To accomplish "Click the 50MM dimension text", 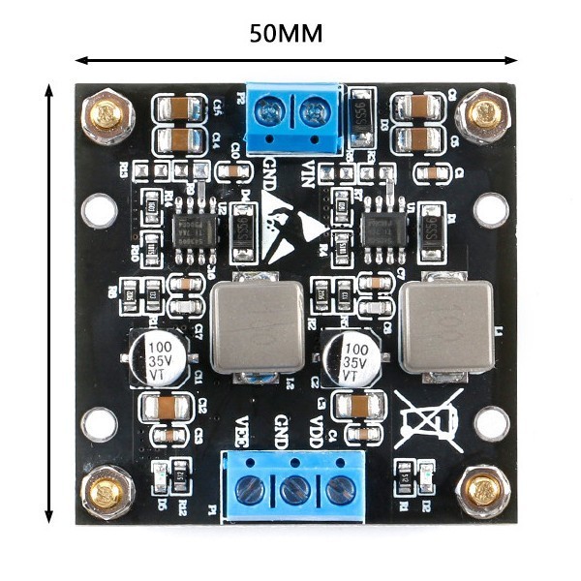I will coord(287,33).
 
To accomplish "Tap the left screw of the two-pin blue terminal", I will coord(271,112).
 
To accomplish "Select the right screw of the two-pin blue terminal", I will coord(314,113).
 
